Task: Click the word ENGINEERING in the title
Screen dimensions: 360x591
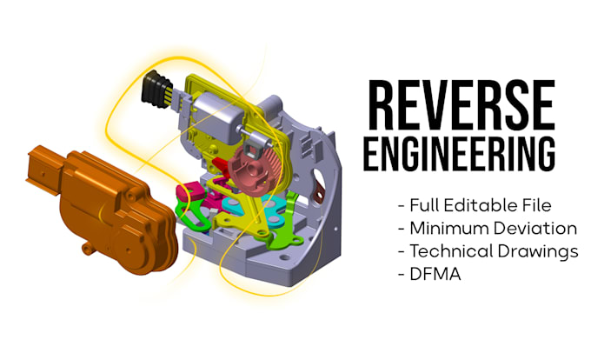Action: click(x=460, y=151)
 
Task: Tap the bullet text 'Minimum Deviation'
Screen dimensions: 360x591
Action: click(x=487, y=229)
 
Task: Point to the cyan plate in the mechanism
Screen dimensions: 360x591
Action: click(x=236, y=208)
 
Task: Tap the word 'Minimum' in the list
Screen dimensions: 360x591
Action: click(x=443, y=229)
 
